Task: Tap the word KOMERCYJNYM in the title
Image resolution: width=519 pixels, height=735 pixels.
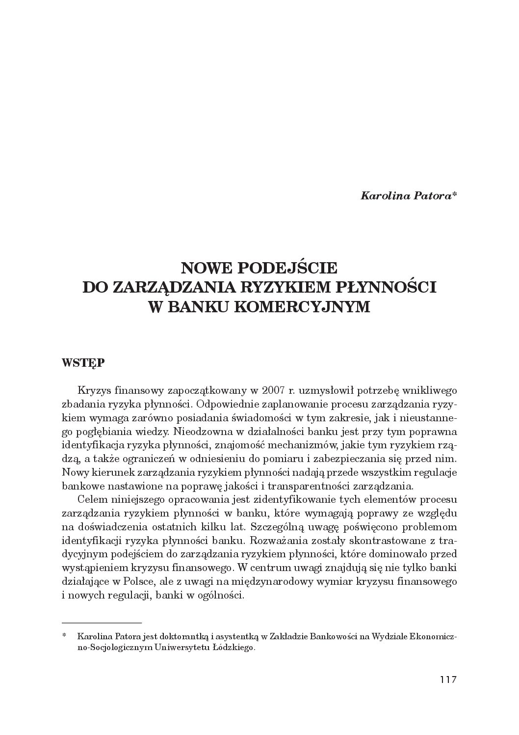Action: pyautogui.click(x=301, y=306)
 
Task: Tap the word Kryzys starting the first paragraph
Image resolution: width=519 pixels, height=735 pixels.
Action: pyautogui.click(x=95, y=391)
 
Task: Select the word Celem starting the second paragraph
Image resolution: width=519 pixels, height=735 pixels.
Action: pyautogui.click(x=93, y=500)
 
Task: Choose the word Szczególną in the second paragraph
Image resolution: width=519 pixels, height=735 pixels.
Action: pyautogui.click(x=278, y=527)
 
